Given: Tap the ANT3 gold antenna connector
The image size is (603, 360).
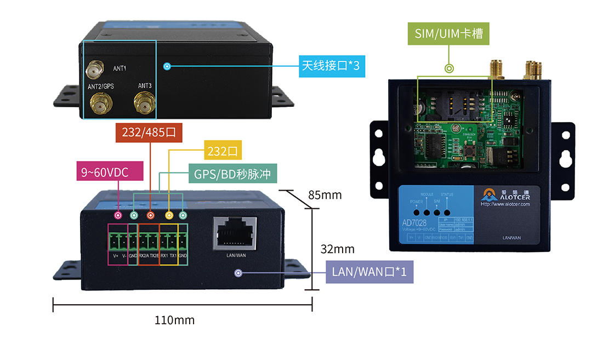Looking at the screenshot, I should [145, 102].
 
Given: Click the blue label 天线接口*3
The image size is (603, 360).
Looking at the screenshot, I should [331, 66].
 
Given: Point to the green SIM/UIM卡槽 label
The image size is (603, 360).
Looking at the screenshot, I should [448, 33].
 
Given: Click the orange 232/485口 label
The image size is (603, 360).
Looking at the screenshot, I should [149, 133].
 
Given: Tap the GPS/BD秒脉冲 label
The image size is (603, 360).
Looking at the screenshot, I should [232, 174].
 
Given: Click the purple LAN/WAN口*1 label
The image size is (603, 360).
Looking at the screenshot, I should [369, 272].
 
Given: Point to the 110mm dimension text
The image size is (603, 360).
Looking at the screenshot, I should [174, 320].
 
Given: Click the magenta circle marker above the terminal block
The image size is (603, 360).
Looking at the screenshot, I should [118, 215].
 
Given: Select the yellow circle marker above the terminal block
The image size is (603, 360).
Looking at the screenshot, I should [169, 215].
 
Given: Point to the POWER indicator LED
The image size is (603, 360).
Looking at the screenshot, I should [417, 212].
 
